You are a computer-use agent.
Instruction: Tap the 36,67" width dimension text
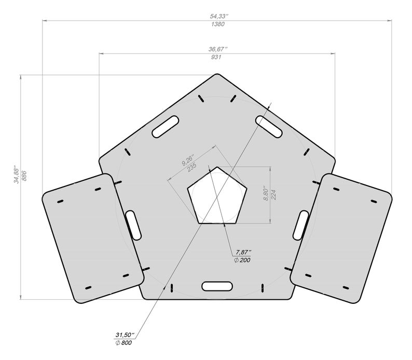[x=217, y=48]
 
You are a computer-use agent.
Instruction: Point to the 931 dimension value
[x=217, y=57]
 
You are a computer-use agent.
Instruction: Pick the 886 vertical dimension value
[x=24, y=176]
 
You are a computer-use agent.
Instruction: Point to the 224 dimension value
[x=273, y=194]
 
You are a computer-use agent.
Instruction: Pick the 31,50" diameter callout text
[x=125, y=335]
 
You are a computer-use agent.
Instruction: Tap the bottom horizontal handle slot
[x=217, y=286]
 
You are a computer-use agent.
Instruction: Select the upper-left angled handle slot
[x=165, y=127]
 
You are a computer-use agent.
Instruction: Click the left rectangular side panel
[x=92, y=238]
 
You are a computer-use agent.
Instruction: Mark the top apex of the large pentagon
[x=217, y=74]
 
